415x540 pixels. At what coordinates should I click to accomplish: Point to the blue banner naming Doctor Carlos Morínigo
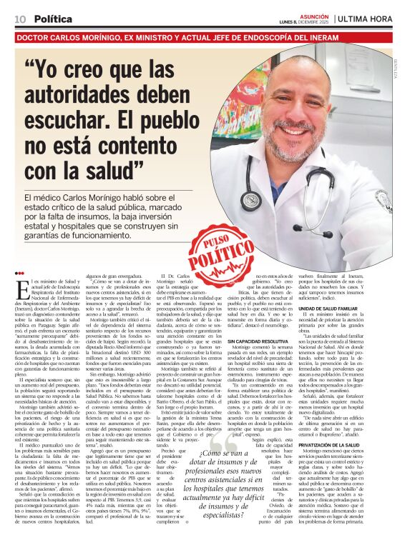207,34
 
